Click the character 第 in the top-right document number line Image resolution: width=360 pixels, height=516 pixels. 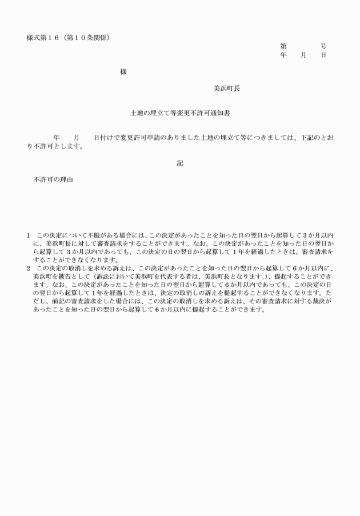coord(283,46)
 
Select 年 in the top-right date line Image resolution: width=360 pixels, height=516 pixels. coord(283,55)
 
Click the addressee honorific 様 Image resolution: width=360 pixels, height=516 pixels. coord(123,72)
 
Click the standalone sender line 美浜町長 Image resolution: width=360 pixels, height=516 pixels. coord(226,89)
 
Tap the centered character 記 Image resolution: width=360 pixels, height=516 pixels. coord(180,163)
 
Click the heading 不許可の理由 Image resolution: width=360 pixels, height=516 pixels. coord(53,179)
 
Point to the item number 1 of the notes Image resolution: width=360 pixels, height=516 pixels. coord(29,235)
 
